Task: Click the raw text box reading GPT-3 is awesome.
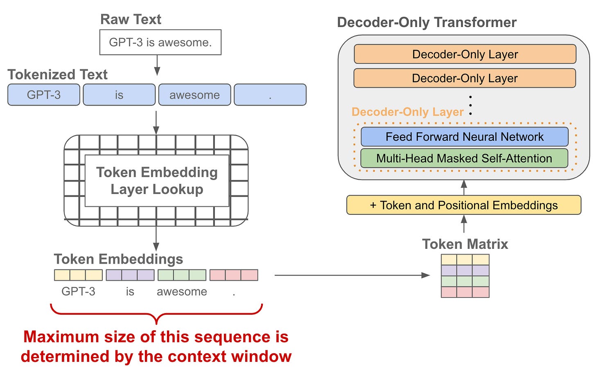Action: (160, 42)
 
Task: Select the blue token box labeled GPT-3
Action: (44, 95)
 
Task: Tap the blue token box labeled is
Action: (119, 95)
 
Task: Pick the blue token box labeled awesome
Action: (194, 95)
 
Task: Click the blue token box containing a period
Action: (270, 95)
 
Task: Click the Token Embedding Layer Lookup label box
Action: (157, 180)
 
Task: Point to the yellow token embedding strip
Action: (78, 275)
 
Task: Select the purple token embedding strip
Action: (130, 275)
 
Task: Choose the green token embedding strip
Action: (182, 275)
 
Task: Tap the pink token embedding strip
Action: (234, 275)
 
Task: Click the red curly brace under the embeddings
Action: (156, 314)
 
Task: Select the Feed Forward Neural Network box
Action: (464, 137)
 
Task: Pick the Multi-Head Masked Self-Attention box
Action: (464, 158)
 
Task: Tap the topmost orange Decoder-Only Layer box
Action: (465, 54)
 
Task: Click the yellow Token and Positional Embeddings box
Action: (463, 205)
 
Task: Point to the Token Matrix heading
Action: (465, 244)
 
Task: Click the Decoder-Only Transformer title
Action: (427, 22)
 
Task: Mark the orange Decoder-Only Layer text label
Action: (407, 112)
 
